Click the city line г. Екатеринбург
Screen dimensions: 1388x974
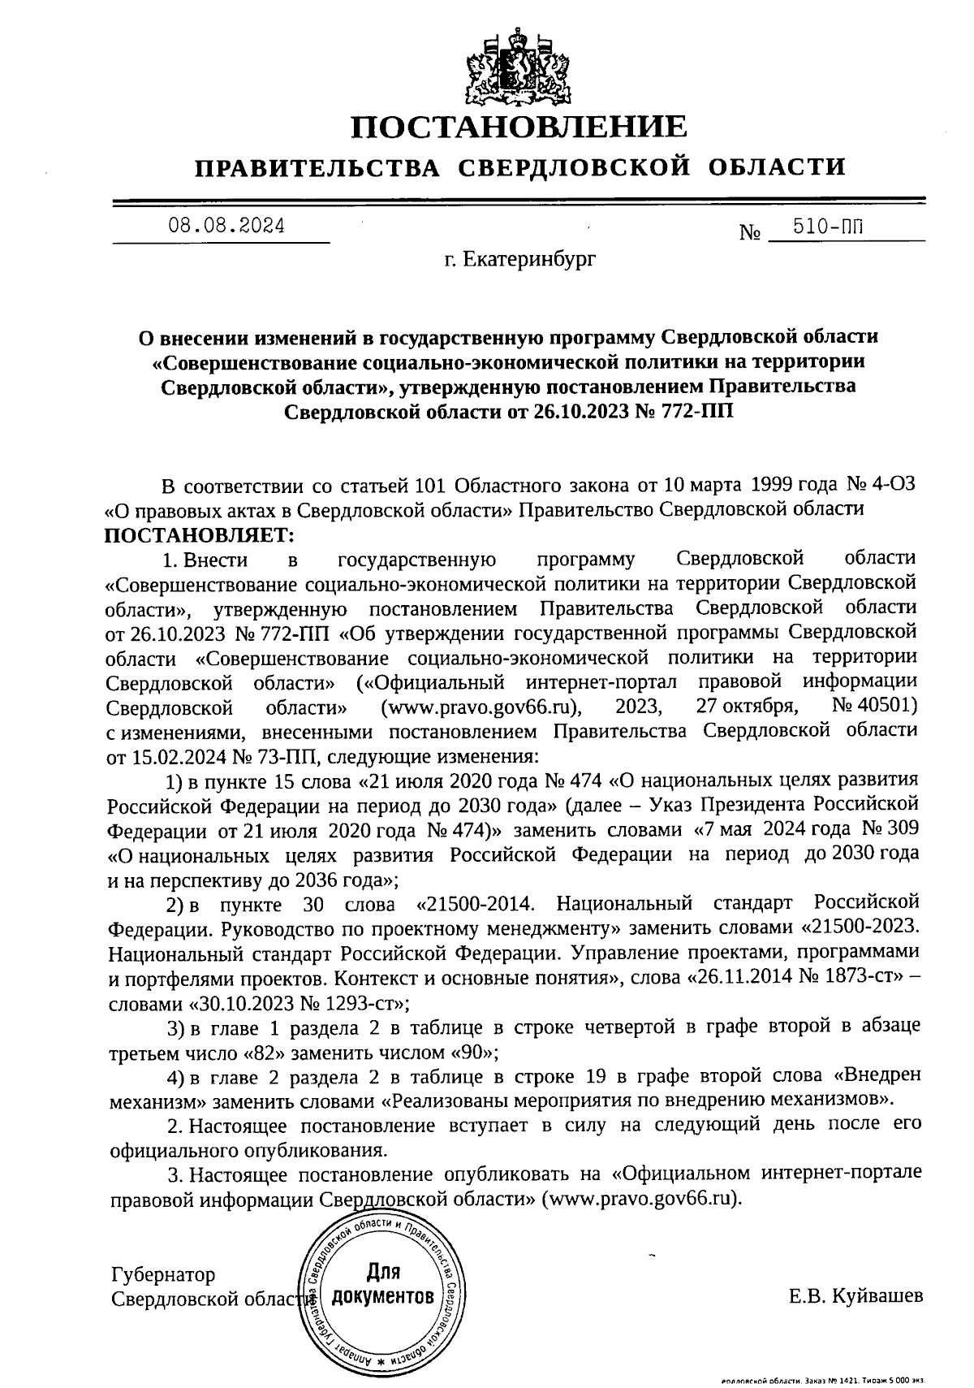tap(519, 260)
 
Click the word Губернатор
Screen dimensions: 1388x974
tap(163, 1273)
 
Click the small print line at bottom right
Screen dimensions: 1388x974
tap(823, 1381)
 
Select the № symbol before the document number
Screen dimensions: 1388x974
tap(750, 233)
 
